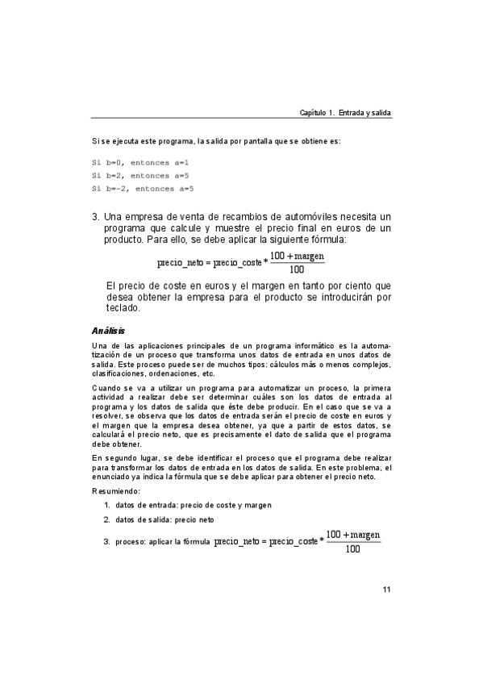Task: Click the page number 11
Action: [x=386, y=588]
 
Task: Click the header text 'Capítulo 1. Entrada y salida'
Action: [x=344, y=113]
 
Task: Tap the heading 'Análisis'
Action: [x=108, y=331]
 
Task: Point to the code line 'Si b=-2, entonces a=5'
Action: [x=143, y=189]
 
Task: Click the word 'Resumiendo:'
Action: [x=117, y=490]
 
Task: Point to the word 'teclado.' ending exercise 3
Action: [x=123, y=307]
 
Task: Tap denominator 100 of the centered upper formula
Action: [x=296, y=269]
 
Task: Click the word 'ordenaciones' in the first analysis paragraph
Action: [x=173, y=374]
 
